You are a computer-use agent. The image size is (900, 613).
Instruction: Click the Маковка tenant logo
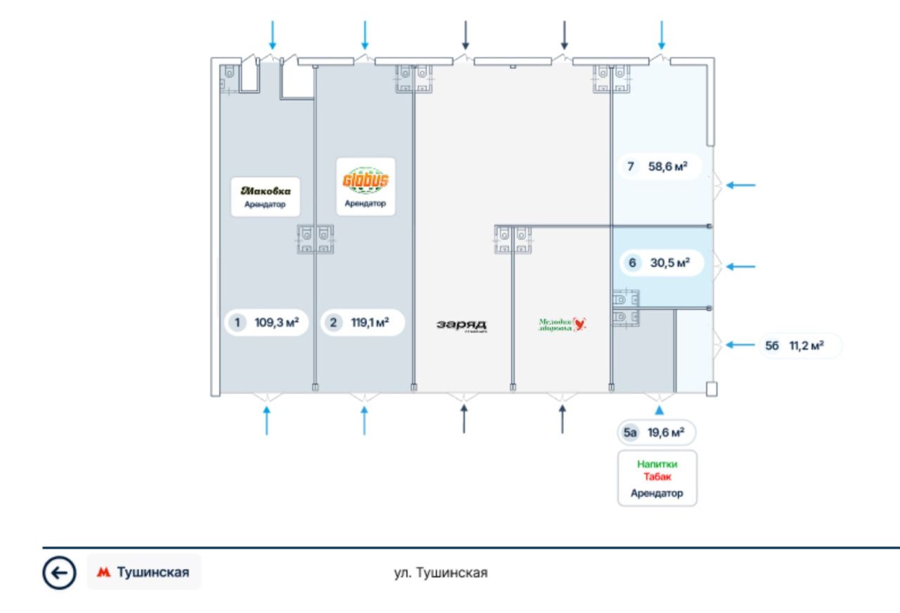point(265,191)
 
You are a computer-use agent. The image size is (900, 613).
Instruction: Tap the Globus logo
point(365,181)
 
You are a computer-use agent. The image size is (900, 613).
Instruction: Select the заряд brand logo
point(461,325)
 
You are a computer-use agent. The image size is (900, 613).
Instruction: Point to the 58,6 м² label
point(667,167)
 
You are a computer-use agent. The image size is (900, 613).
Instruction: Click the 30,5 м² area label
point(669,263)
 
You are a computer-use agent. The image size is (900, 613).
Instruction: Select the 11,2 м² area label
point(805,346)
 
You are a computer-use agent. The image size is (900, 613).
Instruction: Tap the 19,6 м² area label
point(666,432)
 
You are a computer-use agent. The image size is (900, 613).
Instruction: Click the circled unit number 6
point(632,263)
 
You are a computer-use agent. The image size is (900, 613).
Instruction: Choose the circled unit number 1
point(238,323)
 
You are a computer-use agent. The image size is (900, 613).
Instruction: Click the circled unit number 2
point(333,323)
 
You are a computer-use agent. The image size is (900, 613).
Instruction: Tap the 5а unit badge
point(629,432)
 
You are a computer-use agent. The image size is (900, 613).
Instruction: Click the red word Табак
point(657,477)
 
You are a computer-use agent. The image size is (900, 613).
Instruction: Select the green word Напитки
point(657,464)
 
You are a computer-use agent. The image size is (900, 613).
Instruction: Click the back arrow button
point(59,573)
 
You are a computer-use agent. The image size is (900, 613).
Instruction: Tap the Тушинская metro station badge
point(144,572)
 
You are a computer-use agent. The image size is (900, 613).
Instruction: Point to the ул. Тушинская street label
point(440,573)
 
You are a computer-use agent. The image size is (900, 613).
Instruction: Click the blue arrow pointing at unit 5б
point(740,344)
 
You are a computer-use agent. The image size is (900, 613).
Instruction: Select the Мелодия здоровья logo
point(562,324)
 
